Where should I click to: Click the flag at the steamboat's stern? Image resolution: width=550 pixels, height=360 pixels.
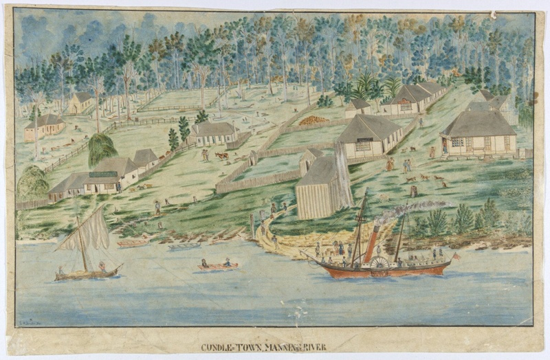click(x=454, y=256)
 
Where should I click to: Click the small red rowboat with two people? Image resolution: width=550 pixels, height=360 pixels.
click(x=218, y=266)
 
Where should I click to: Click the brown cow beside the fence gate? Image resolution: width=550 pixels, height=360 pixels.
click(x=221, y=156)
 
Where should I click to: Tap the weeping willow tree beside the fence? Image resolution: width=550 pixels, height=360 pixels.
click(x=102, y=148)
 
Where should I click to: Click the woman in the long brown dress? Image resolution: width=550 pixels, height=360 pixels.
click(x=390, y=164)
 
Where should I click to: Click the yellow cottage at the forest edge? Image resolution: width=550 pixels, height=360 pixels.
click(x=81, y=103)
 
